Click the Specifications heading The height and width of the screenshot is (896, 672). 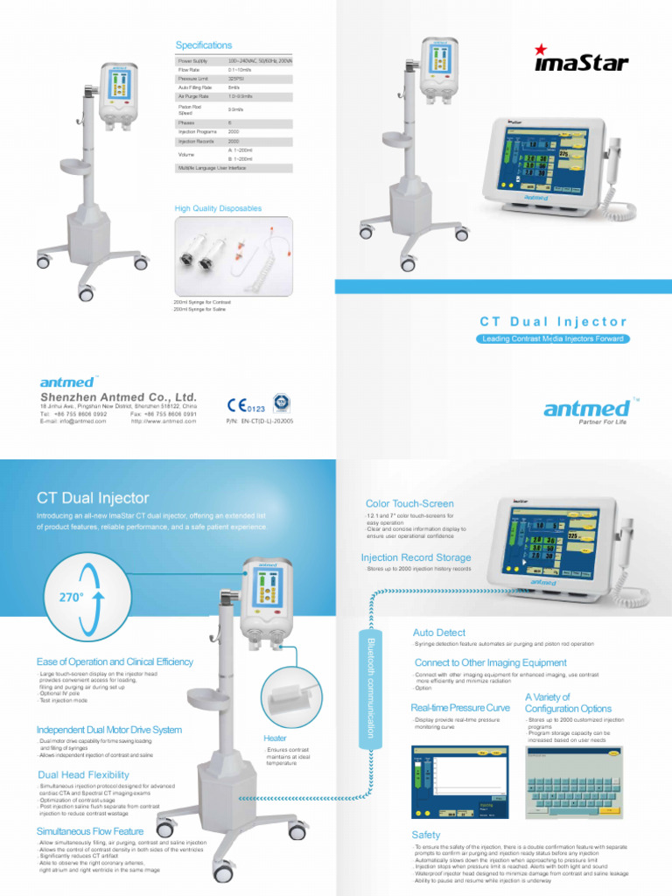point(204,45)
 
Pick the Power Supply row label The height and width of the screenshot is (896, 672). point(193,60)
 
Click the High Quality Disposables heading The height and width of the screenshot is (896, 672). point(219,208)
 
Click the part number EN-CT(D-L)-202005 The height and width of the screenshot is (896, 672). point(259,421)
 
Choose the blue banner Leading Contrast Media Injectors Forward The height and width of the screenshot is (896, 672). point(552,338)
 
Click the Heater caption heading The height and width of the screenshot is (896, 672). point(276,738)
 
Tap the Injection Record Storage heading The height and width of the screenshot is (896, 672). point(416,557)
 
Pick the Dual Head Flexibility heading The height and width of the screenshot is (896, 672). point(83,774)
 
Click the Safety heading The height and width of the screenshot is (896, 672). point(426,835)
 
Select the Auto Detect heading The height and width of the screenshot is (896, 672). point(438,632)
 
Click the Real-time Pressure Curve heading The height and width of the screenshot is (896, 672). point(460,707)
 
